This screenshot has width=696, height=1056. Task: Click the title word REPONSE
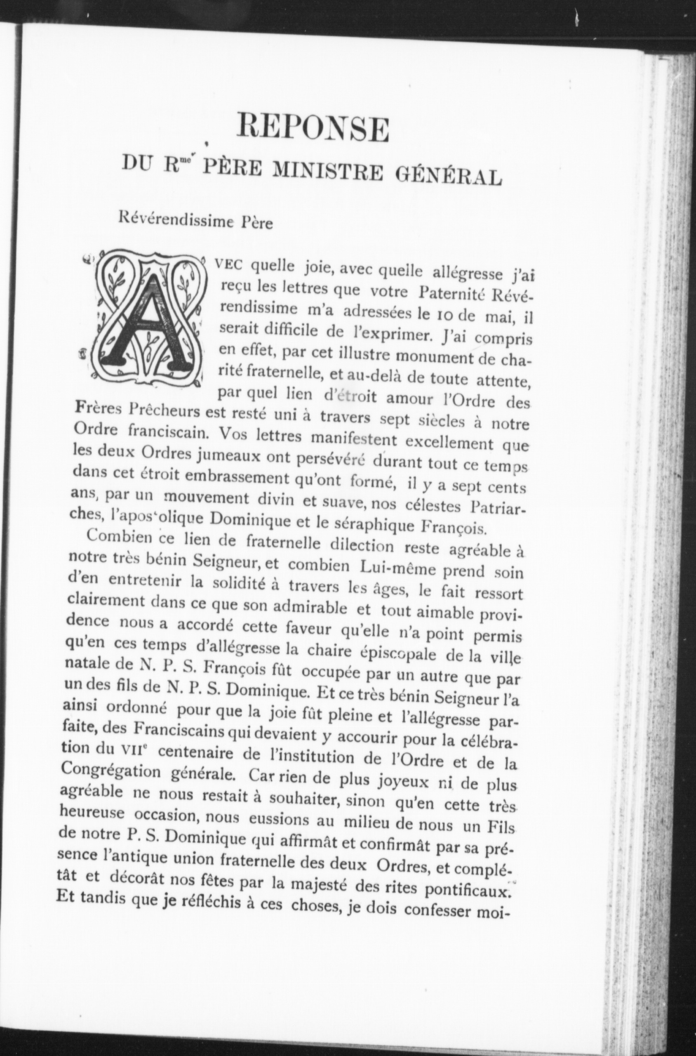pyautogui.click(x=313, y=127)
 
